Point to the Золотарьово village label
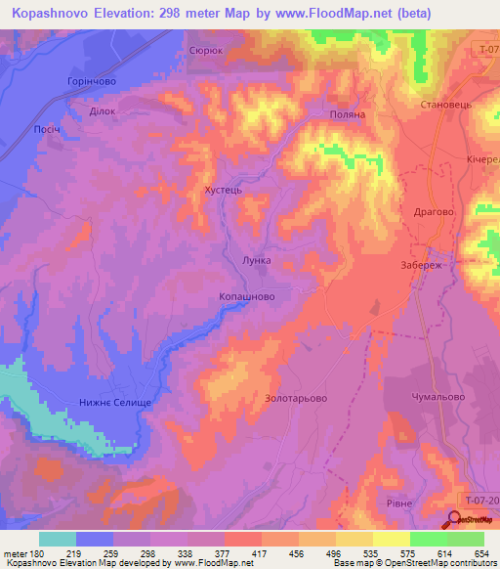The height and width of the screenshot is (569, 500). [x=295, y=398]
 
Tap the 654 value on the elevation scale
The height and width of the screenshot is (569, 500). [x=482, y=553]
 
